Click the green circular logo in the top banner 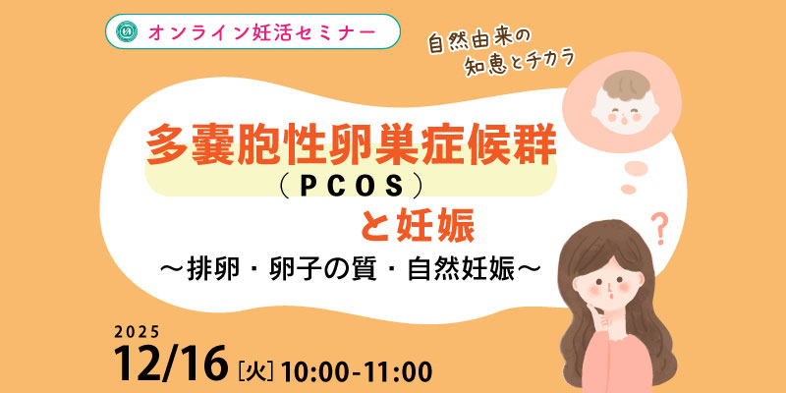click(127, 31)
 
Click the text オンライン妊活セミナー click(261, 31)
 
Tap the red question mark click(660, 229)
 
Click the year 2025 click(137, 331)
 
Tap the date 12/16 click(170, 364)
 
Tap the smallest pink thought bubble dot click(628, 189)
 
